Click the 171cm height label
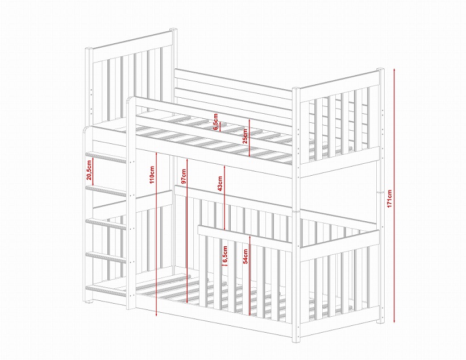coord(390,198)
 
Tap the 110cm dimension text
coord(152,175)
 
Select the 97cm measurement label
coord(184,176)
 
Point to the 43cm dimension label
coord(220,184)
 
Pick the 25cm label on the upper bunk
coord(245,136)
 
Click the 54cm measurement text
coord(246,256)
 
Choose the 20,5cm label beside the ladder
coord(89,171)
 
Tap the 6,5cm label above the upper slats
coord(216,121)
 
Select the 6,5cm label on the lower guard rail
coord(225,255)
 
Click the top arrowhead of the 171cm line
coord(394,69)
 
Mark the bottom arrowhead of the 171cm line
coord(394,321)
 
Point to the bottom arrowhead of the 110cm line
coord(156,315)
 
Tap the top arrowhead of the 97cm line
coord(187,160)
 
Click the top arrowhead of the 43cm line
coord(224,167)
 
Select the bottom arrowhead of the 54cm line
coord(250,313)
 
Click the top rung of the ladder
coord(106,158)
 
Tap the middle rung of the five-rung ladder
coord(106,224)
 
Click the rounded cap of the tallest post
coord(173,30)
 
